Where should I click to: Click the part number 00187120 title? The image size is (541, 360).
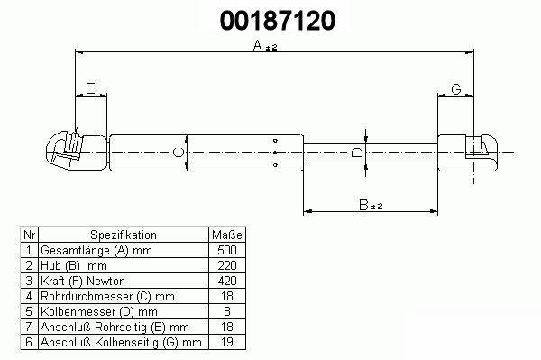tap(278, 20)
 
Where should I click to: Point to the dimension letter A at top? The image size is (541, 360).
tap(257, 45)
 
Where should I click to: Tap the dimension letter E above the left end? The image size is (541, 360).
tap(90, 88)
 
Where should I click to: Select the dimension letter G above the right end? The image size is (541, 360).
tap(456, 89)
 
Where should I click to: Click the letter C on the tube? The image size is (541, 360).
tap(178, 152)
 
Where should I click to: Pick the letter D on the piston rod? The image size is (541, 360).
tap(357, 152)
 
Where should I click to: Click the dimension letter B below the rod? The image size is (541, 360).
tap(363, 205)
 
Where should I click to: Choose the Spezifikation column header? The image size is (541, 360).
tap(124, 235)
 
